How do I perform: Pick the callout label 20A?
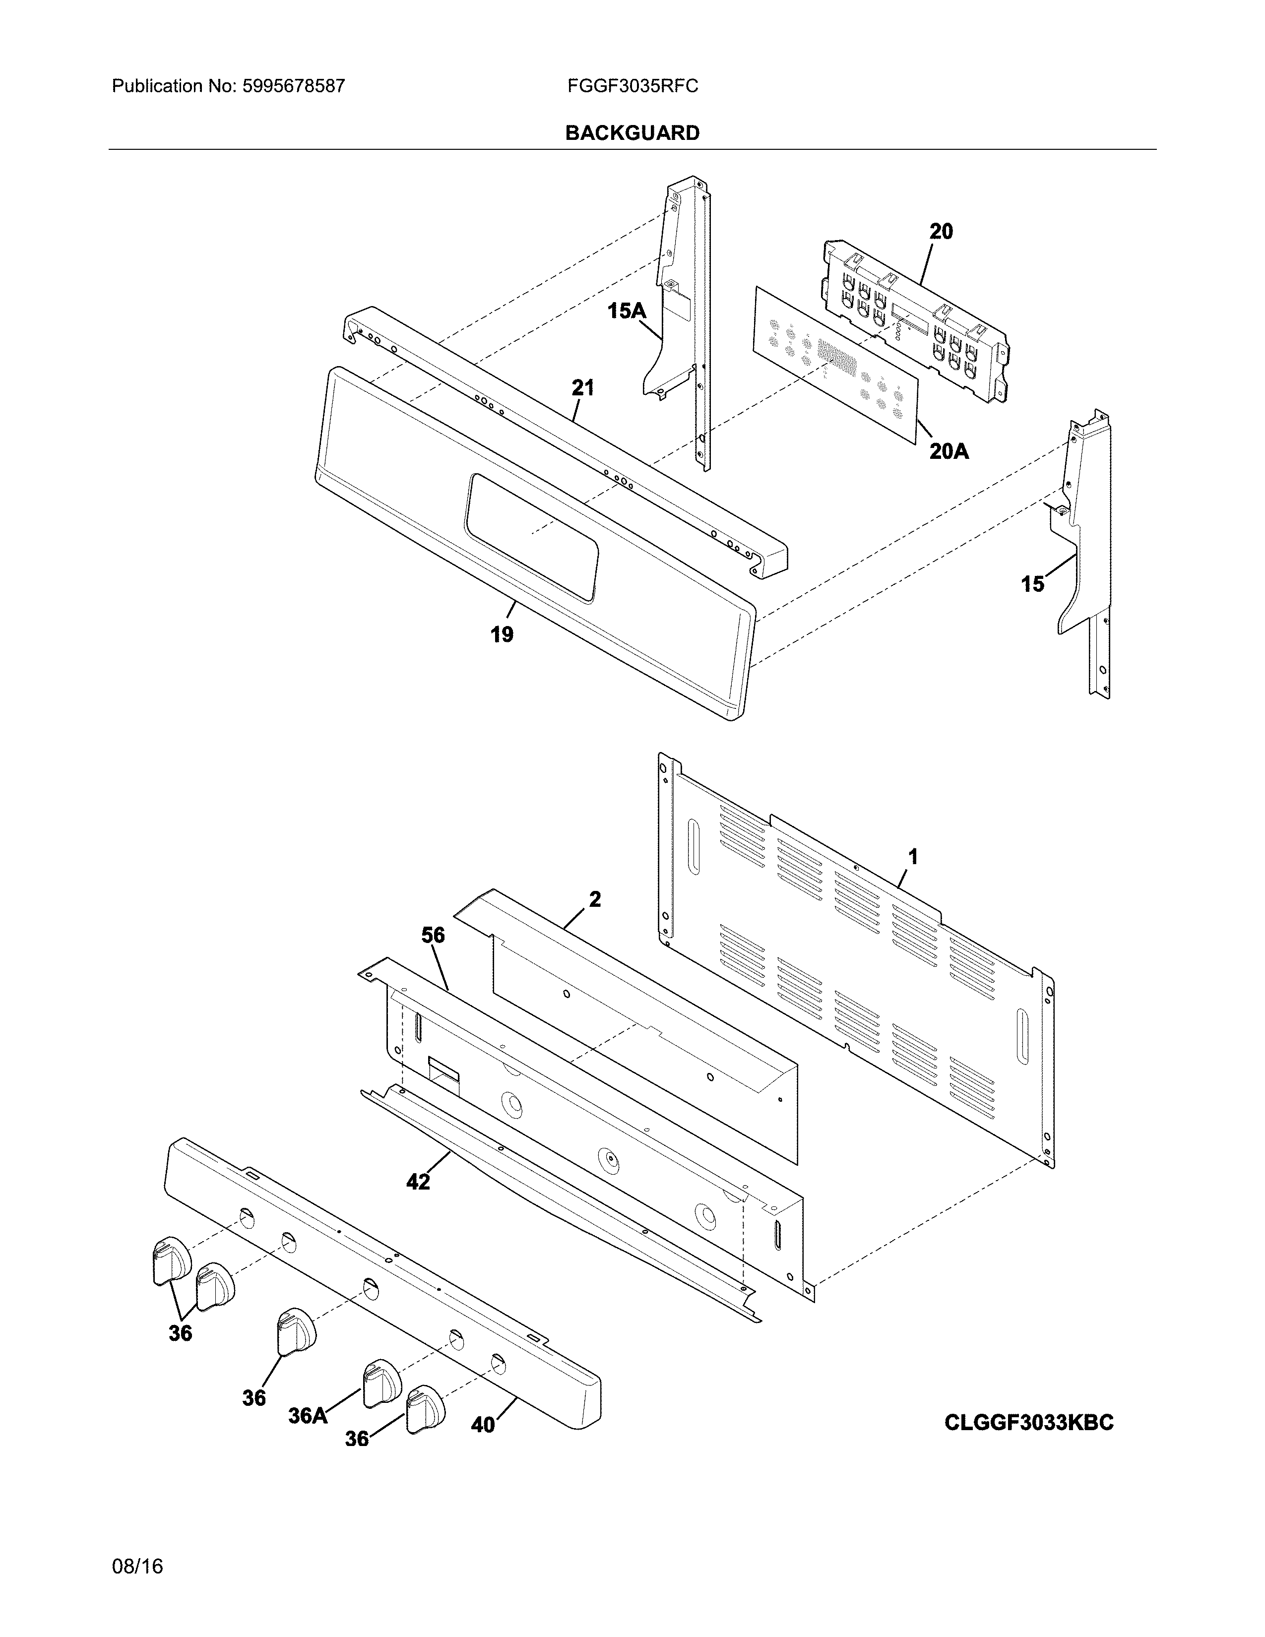[x=949, y=451]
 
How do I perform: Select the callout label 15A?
[x=627, y=311]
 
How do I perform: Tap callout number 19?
[x=502, y=635]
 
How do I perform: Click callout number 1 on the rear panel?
[x=913, y=856]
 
